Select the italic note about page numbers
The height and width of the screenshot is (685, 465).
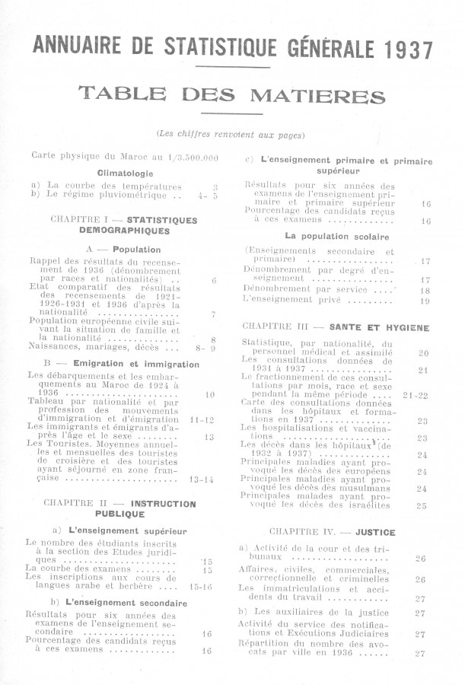(231, 134)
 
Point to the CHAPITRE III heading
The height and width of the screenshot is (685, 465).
(335, 327)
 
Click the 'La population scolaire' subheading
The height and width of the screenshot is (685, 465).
(335, 236)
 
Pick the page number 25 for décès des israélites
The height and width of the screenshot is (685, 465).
(422, 505)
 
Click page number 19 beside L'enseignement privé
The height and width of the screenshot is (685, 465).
(425, 301)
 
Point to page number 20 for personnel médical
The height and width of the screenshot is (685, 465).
(423, 353)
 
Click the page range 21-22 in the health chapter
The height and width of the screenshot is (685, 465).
(416, 396)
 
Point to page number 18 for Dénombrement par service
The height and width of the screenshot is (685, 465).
(425, 291)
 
